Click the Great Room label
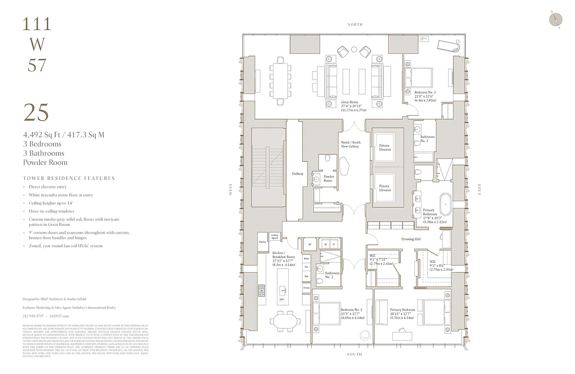(x=350, y=102)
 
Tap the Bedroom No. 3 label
(x=425, y=93)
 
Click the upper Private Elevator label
(x=384, y=148)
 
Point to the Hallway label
(x=298, y=174)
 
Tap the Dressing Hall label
(x=411, y=239)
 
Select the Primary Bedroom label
(x=402, y=309)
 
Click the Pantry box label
(x=262, y=242)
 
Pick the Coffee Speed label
(x=275, y=237)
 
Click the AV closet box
(x=310, y=245)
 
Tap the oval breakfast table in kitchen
(x=285, y=322)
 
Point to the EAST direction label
(x=479, y=189)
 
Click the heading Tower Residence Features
(x=69, y=178)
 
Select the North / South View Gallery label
(x=350, y=144)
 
